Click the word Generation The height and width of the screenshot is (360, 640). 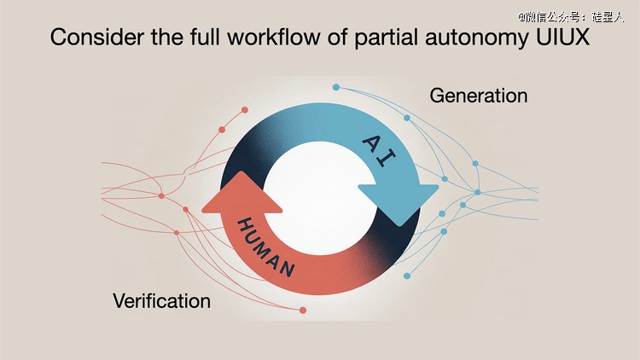(x=479, y=96)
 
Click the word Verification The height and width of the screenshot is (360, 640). (x=161, y=301)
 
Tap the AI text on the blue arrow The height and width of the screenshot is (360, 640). (x=379, y=151)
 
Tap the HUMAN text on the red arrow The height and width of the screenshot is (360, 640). (x=265, y=247)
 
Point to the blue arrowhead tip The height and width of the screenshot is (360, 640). (x=399, y=226)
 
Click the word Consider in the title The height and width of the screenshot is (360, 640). (x=97, y=38)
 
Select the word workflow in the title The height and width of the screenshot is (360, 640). (x=274, y=38)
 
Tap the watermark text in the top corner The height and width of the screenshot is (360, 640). (x=571, y=17)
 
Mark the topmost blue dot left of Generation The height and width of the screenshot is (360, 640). (x=336, y=87)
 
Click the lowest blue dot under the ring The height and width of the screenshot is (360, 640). (x=407, y=276)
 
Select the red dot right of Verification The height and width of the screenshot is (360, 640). (x=303, y=311)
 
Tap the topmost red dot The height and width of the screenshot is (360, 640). (x=245, y=110)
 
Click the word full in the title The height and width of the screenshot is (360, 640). (x=205, y=37)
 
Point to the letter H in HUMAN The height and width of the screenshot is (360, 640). (x=244, y=225)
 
